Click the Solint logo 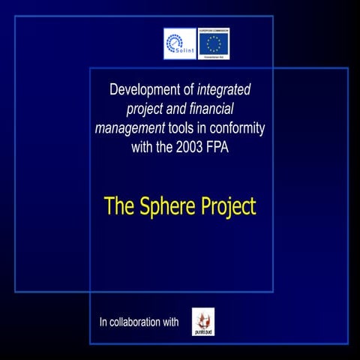(179, 43)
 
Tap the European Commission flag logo (214, 43)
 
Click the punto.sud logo (202, 321)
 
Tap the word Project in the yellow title (227, 205)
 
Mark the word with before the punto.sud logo (169, 322)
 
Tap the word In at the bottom (104, 322)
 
